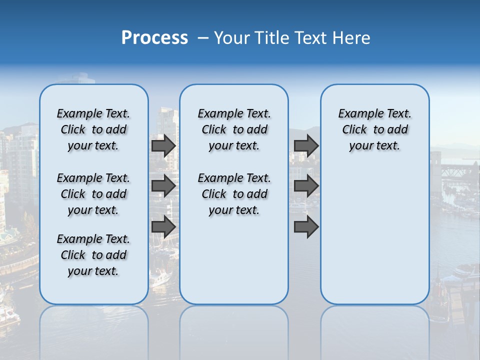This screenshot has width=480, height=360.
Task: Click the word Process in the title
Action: (x=154, y=38)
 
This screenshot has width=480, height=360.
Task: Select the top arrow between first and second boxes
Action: (x=163, y=146)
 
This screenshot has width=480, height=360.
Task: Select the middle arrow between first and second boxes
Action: (x=163, y=186)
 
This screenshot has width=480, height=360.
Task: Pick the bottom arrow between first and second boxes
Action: (x=163, y=227)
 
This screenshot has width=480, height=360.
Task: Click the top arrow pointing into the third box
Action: (x=306, y=146)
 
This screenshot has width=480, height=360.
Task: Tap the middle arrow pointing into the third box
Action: (x=306, y=186)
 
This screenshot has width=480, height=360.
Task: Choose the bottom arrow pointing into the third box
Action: (x=306, y=227)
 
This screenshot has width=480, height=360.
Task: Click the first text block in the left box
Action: (x=93, y=129)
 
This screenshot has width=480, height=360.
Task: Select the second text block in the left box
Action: (x=93, y=194)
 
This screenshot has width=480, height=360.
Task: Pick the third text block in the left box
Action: (x=93, y=255)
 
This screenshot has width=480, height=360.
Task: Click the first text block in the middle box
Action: (x=234, y=129)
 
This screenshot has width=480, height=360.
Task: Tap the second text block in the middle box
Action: (x=234, y=194)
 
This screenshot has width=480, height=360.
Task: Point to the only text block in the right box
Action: (x=374, y=129)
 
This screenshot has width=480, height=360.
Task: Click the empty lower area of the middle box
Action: (x=234, y=260)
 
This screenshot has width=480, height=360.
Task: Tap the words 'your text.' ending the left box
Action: (x=93, y=271)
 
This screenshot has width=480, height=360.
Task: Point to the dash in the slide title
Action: (x=203, y=38)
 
